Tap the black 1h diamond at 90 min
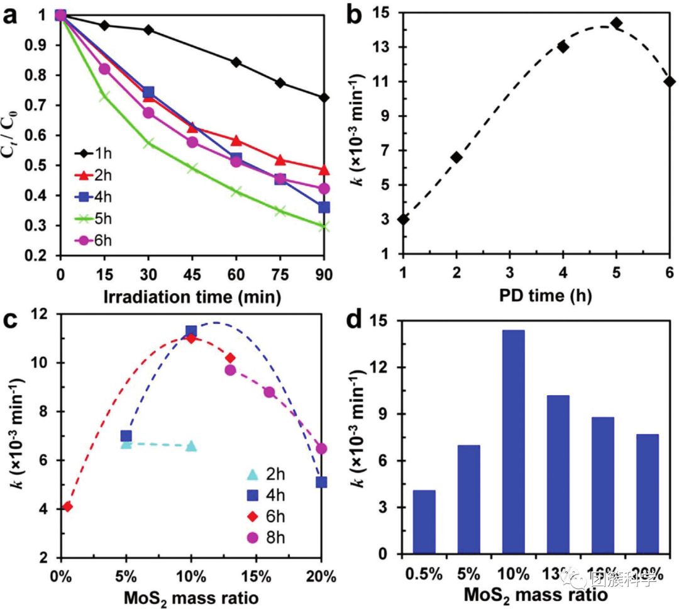click(x=324, y=98)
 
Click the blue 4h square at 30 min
click(x=148, y=93)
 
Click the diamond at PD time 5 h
click(x=616, y=23)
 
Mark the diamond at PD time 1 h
click(x=403, y=219)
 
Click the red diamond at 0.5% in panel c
click(x=67, y=506)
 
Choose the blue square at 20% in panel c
click(x=321, y=482)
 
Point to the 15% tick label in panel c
click(x=256, y=576)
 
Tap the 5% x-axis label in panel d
click(x=469, y=574)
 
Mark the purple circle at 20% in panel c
click(x=321, y=449)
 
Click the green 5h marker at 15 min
click(x=104, y=96)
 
